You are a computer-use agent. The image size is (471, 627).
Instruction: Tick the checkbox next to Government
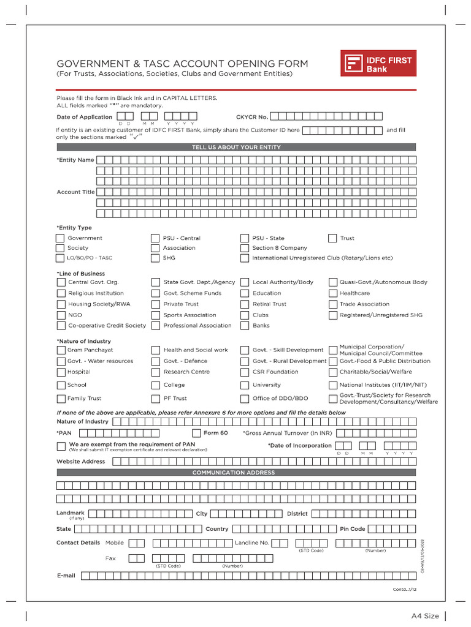[60, 238]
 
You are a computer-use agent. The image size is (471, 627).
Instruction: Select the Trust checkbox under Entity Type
[332, 238]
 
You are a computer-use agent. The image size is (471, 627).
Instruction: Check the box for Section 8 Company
[245, 248]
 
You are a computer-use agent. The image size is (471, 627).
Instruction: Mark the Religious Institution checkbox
[60, 293]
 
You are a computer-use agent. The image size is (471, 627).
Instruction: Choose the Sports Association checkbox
[156, 315]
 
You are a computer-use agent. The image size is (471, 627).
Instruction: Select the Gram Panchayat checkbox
[60, 350]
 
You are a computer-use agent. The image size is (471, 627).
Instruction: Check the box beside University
[245, 385]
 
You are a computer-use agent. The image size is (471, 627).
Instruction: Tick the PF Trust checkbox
[156, 399]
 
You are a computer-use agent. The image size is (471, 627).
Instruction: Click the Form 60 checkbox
[196, 433]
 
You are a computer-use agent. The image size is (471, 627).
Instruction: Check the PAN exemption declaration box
[60, 446]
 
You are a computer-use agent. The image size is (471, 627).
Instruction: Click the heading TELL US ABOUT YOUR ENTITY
[236, 147]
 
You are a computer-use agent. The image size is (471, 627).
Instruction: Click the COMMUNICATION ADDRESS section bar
[236, 473]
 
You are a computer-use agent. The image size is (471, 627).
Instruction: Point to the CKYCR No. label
[251, 117]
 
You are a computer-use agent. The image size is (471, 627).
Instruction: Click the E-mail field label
[66, 576]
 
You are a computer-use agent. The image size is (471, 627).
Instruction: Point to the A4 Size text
[425, 615]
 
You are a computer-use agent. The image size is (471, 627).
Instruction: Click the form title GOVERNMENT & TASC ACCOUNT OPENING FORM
[182, 64]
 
